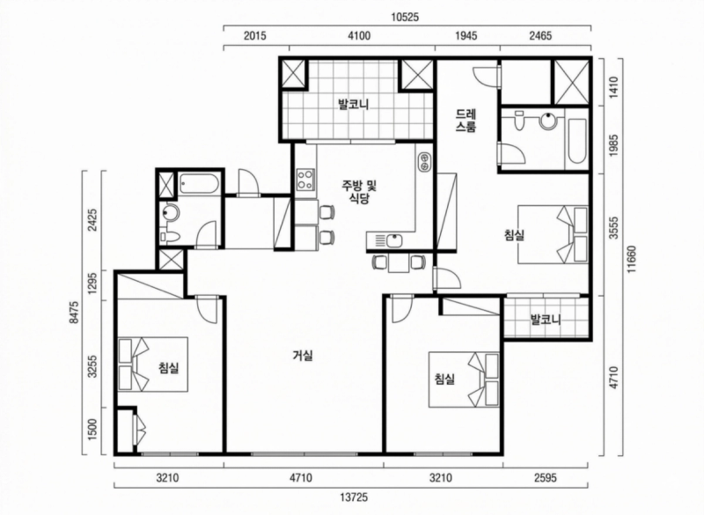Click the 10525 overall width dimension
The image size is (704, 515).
click(x=405, y=18)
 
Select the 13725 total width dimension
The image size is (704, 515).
click(x=354, y=497)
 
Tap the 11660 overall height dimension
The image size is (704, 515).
click(x=632, y=258)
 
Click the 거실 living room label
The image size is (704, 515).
click(x=303, y=356)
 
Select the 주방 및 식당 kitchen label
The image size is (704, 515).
click(x=359, y=192)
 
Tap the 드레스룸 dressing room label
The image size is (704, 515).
click(x=466, y=120)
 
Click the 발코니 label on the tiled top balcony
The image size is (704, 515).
click(x=354, y=105)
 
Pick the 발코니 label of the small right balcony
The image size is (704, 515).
click(x=546, y=320)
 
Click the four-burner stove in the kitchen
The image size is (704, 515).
click(x=306, y=179)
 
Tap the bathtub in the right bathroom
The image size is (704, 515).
click(x=576, y=142)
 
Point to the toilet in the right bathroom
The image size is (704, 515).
click(x=519, y=120)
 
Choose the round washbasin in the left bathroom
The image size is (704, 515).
click(x=170, y=213)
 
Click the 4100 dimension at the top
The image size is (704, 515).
click(x=360, y=35)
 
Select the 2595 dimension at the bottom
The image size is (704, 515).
click(x=546, y=478)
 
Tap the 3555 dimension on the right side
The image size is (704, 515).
click(x=613, y=234)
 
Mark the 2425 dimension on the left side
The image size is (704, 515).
click(x=93, y=219)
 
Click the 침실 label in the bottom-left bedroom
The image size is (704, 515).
click(x=168, y=368)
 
